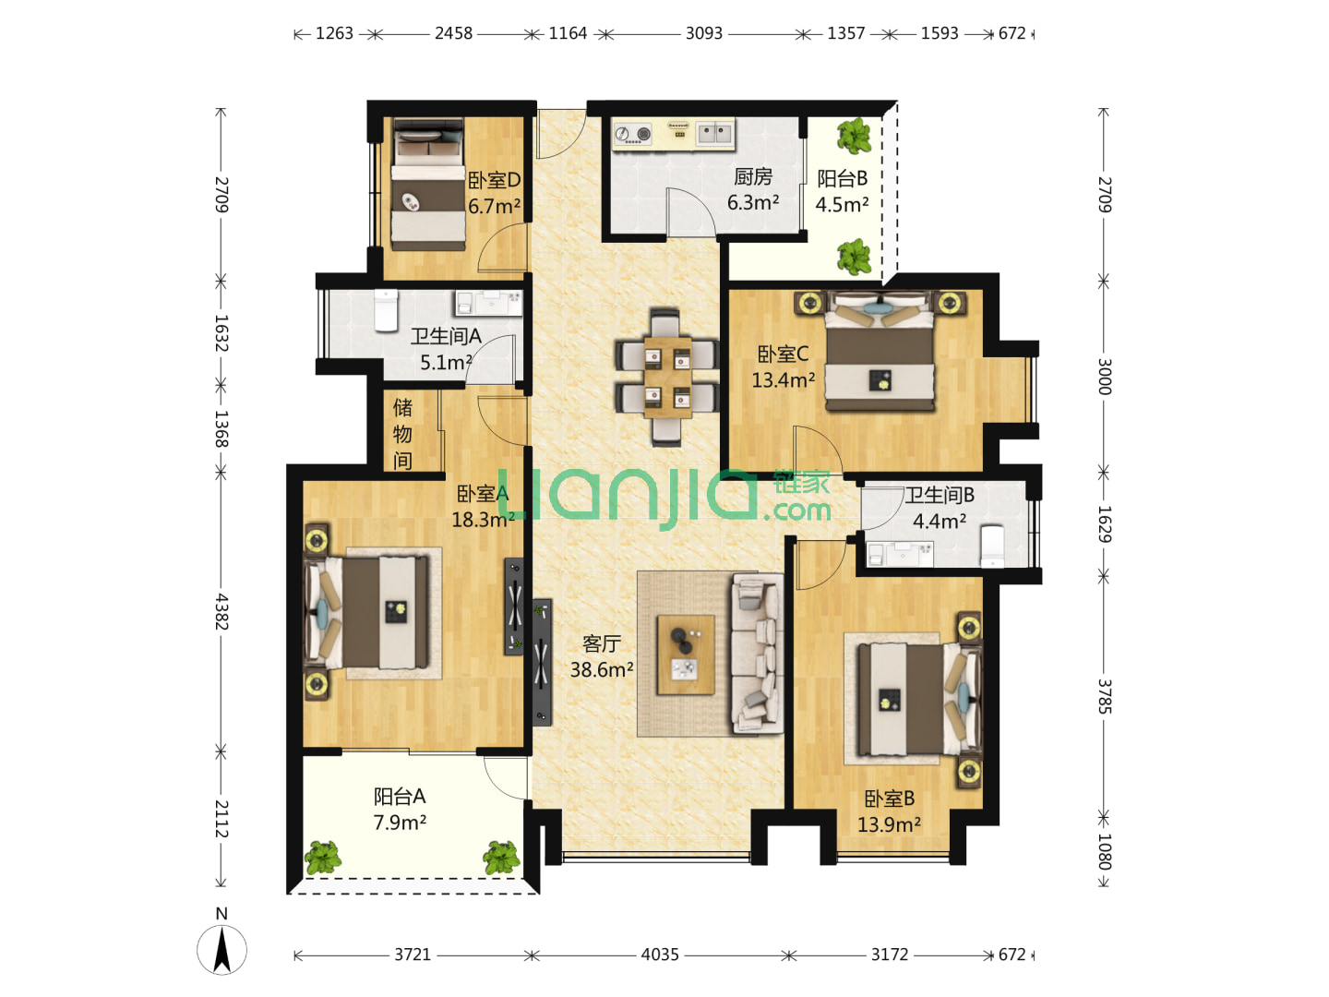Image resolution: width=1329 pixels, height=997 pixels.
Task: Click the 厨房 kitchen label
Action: (x=752, y=176)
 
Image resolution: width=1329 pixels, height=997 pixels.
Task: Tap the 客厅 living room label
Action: (x=601, y=643)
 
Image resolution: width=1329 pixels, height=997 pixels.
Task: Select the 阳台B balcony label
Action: (x=842, y=178)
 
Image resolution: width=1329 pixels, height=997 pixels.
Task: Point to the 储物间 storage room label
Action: (x=402, y=434)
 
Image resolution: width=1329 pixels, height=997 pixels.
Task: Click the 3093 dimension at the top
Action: (x=703, y=33)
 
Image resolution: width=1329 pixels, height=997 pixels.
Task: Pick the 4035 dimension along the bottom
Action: (x=660, y=955)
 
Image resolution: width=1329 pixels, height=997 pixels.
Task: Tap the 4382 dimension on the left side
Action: (x=221, y=611)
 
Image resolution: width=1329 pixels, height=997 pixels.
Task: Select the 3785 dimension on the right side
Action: (x=1105, y=696)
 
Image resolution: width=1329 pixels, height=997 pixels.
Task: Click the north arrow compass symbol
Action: (x=221, y=949)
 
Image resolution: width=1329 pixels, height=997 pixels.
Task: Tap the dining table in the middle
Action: (x=667, y=378)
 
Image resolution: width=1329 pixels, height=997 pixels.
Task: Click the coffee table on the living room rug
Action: (x=686, y=655)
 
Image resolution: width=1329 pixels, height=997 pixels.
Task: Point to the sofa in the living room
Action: (x=757, y=654)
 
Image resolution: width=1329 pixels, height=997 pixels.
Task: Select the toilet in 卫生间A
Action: (x=386, y=310)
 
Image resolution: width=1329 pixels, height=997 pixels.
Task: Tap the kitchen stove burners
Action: (x=632, y=133)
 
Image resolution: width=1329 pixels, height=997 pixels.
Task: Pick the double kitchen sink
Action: (x=714, y=132)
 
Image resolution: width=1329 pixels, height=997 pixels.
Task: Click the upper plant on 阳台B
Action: (x=855, y=136)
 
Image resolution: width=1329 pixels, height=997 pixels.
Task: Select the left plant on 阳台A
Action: (x=323, y=858)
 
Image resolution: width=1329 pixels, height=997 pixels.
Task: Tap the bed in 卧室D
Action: (x=428, y=184)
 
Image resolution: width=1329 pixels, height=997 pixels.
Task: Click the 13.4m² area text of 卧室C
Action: (x=783, y=379)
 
